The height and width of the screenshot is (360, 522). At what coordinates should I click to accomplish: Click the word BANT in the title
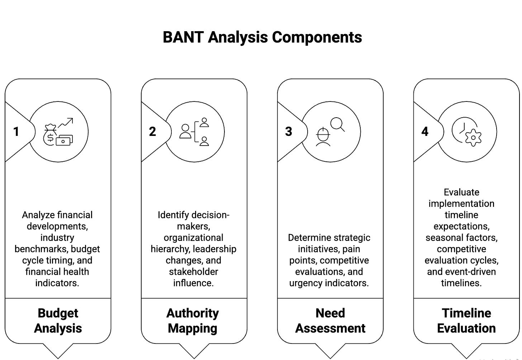[x=183, y=37]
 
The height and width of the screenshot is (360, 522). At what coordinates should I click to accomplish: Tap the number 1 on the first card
[x=16, y=132]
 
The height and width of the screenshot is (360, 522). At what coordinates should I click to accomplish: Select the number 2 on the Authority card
[x=152, y=132]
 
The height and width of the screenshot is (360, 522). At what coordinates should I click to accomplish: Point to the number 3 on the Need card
[x=289, y=132]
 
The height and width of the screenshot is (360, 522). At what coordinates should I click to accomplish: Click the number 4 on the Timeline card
[x=425, y=132]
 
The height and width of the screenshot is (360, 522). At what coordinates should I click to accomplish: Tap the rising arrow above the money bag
[x=66, y=123]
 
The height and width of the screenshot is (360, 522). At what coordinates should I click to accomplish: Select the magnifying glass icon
[x=338, y=124]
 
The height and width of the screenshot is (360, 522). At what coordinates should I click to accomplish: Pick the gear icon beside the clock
[x=473, y=138]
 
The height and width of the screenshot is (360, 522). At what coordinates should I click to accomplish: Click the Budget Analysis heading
[x=58, y=321]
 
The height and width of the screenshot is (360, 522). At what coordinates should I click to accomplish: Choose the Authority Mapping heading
[x=193, y=321]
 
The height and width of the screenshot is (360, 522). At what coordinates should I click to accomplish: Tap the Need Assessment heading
[x=330, y=321]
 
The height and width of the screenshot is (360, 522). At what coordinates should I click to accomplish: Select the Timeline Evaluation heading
[x=466, y=321]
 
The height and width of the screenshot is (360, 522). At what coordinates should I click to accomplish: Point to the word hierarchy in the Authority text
[x=170, y=249]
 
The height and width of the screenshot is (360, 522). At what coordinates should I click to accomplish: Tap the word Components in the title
[x=317, y=37]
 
